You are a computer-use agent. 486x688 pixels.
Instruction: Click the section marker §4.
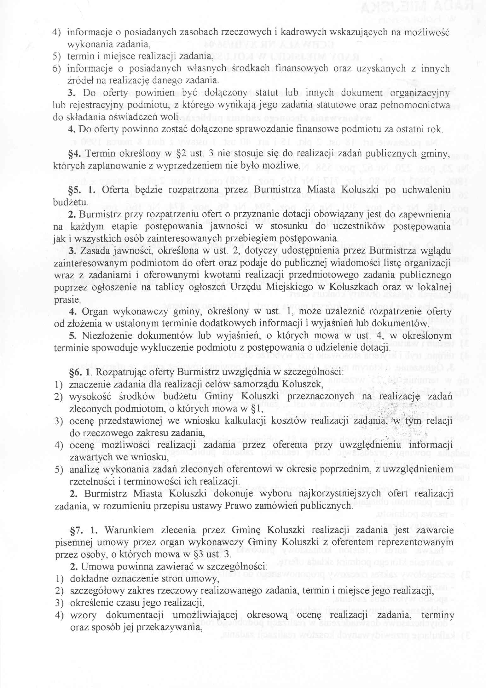75,153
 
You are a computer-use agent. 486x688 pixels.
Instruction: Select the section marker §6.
75,372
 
